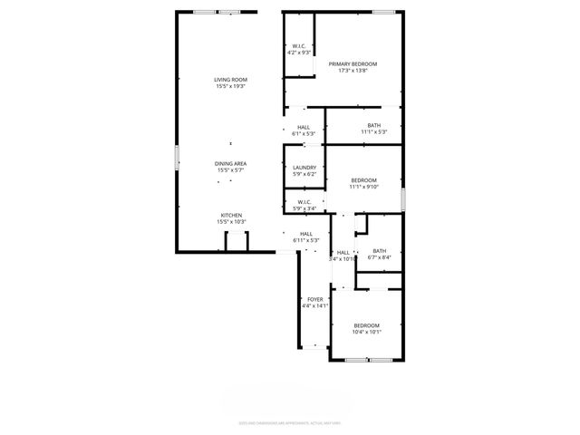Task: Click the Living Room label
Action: [231, 80]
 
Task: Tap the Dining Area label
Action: [231, 163]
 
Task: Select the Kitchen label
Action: [231, 215]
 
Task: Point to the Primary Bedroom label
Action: [353, 63]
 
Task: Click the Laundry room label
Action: [304, 168]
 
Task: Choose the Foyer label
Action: [314, 299]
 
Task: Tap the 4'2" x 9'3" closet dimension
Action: [299, 53]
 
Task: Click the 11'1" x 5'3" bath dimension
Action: [373, 131]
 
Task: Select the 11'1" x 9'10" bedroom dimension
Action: [363, 187]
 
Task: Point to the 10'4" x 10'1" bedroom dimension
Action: [366, 331]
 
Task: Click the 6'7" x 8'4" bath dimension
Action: [379, 256]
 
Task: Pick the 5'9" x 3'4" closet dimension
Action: [303, 208]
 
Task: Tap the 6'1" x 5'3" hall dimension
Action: [303, 133]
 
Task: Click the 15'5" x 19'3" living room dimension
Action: [231, 86]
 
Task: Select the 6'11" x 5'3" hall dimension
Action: [306, 240]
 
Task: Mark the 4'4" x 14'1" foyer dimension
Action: [314, 305]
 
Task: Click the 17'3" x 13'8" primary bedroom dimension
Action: [353, 70]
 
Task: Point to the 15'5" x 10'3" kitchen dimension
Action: [231, 221]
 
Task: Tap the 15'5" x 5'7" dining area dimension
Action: [231, 169]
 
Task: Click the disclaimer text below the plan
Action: [290, 421]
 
